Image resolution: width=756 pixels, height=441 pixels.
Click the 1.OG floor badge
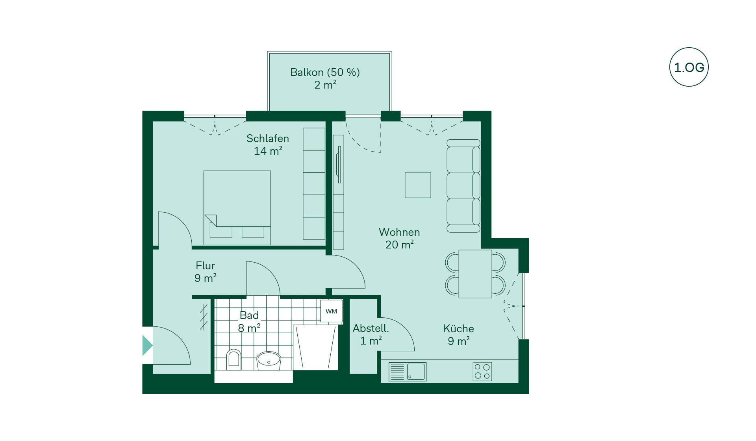tap(689, 67)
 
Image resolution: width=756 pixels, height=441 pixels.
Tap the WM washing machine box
tap(331, 311)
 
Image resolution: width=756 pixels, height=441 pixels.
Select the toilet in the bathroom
tap(233, 359)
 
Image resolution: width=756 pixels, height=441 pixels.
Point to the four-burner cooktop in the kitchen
tap(482, 371)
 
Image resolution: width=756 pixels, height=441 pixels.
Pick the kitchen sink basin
tap(416, 371)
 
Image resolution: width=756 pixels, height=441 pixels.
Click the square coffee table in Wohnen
tap(418, 185)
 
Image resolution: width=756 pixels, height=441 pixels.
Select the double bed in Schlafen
tap(237, 208)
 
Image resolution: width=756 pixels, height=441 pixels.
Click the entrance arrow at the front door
tap(147, 345)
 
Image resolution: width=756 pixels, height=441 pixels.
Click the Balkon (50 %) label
tap(325, 72)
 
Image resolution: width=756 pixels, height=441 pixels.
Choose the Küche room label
tap(458, 328)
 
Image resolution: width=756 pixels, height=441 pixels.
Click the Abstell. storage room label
tap(371, 328)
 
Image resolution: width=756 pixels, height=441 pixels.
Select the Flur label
tap(205, 265)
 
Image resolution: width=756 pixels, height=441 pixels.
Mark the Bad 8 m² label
tap(249, 322)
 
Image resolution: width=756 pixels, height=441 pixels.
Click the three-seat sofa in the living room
tap(463, 186)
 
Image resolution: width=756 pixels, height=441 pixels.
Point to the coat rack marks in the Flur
tap(204, 317)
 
